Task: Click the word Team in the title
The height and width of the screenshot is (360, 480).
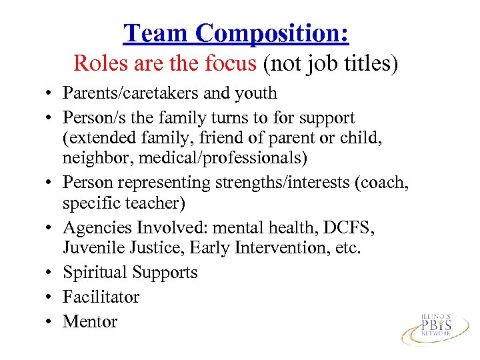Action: click(x=157, y=33)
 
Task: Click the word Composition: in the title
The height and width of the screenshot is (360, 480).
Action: click(x=273, y=33)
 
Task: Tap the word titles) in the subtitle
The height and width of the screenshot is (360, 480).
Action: click(x=370, y=63)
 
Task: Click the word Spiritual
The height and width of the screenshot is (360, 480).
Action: click(x=95, y=273)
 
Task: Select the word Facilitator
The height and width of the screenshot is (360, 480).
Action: click(x=101, y=297)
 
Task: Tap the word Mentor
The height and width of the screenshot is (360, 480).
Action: click(x=90, y=321)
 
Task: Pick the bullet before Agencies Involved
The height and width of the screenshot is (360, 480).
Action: click(x=51, y=229)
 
